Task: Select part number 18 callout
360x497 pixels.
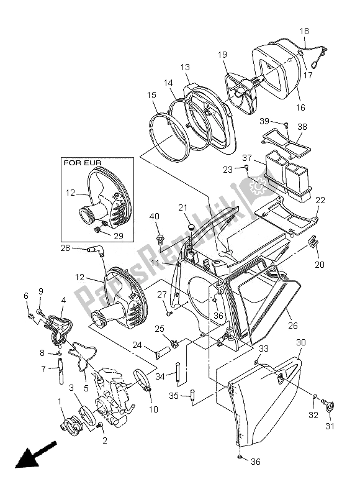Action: pos(304,31)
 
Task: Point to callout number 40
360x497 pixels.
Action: pos(154,217)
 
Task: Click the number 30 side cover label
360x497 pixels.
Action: pos(300,342)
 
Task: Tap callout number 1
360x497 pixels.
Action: pos(60,401)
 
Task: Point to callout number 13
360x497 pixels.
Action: pos(185,66)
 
